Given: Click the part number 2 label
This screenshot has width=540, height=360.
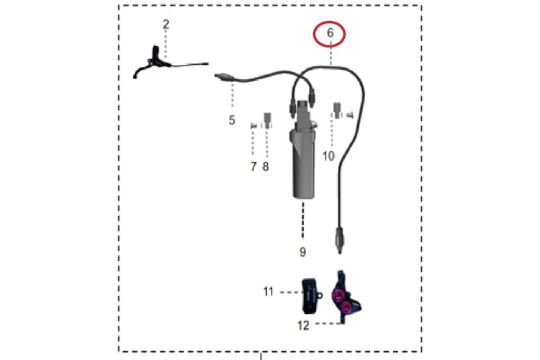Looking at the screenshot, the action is [166, 24].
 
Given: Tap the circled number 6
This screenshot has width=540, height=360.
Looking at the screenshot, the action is [330, 33].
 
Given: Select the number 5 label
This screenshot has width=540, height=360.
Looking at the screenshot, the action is [232, 120].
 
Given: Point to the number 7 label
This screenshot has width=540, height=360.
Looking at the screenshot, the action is [253, 166].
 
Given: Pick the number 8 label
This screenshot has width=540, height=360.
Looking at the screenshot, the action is [266, 166].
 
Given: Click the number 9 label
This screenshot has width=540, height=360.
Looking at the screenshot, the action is [302, 252].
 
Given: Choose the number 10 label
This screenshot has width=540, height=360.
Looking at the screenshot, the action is [328, 156].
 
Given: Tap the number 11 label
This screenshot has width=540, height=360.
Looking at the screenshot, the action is [269, 292].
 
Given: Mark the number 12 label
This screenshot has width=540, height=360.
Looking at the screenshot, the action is [303, 325].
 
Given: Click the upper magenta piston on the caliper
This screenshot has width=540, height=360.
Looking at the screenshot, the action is [338, 294].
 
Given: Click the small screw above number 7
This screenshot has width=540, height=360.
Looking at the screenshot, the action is [253, 126].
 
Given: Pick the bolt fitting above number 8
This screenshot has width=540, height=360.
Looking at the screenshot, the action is [267, 120].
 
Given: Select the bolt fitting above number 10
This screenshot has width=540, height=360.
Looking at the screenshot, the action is [337, 110].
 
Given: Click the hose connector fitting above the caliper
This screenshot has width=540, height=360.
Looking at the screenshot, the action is [339, 240].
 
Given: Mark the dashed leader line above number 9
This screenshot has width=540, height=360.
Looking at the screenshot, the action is [303, 220].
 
